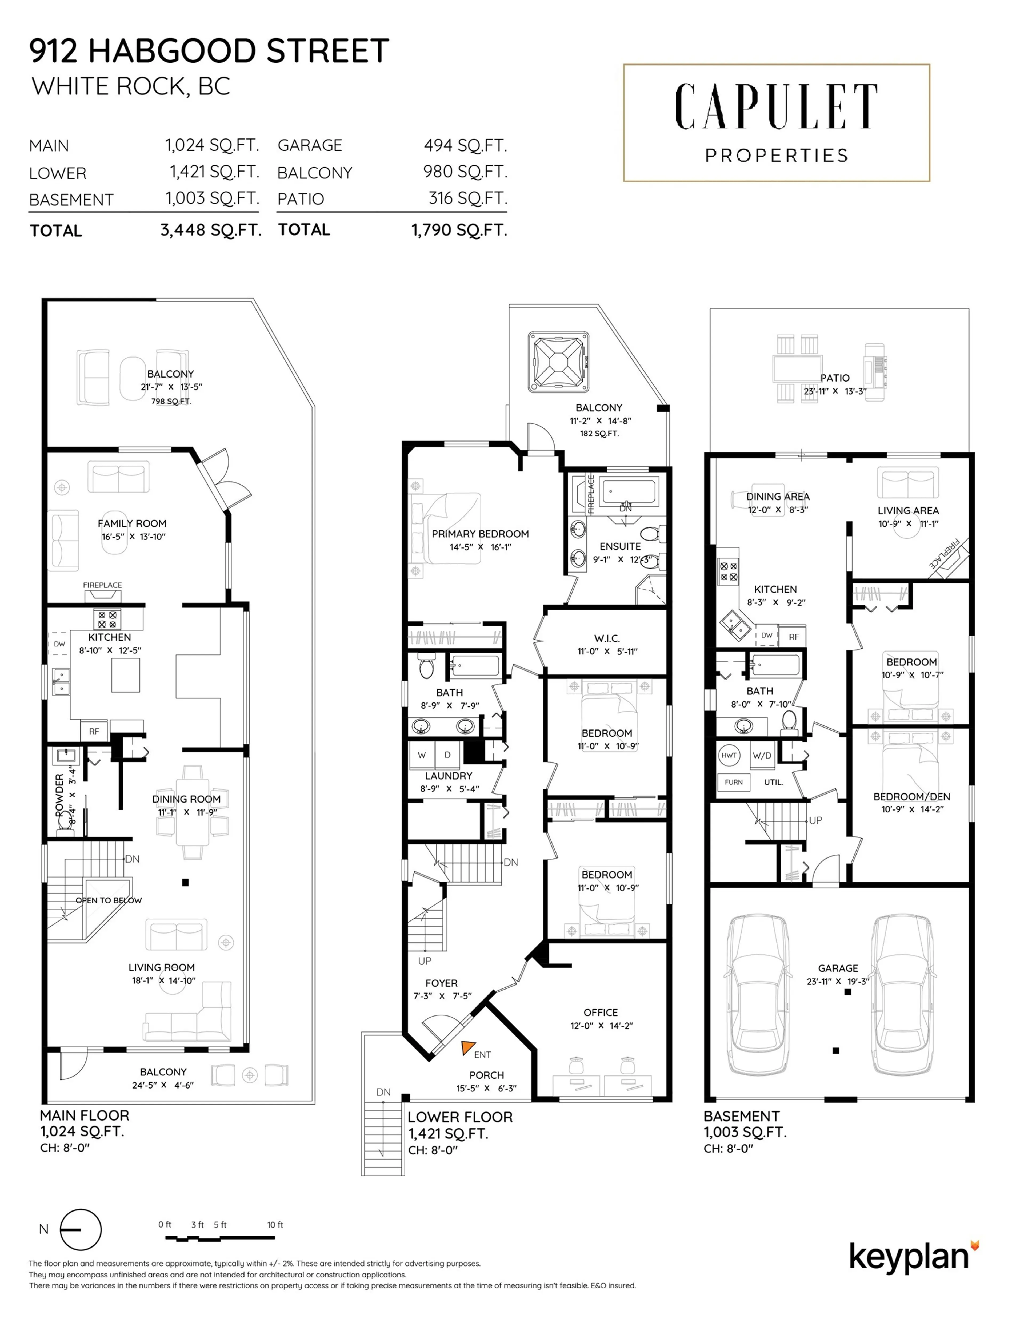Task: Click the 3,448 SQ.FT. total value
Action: (211, 230)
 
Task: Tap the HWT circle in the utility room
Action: (729, 755)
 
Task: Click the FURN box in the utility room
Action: (733, 782)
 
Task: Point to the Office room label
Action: (600, 1012)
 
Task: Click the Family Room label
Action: (132, 523)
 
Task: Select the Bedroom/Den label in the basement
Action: (911, 797)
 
